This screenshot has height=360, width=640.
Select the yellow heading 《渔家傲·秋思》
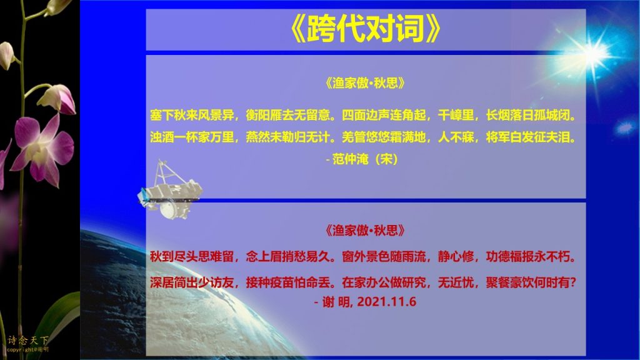click(365, 83)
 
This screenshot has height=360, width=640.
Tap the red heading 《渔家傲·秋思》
click(365, 231)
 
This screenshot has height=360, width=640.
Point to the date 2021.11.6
click(386, 302)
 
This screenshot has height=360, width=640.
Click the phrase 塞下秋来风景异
click(192, 116)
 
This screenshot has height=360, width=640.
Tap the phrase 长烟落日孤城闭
click(527, 116)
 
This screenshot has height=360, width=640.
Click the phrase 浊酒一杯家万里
click(192, 137)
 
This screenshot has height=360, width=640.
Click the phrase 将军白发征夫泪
click(527, 137)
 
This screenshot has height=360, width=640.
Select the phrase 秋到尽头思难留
click(192, 257)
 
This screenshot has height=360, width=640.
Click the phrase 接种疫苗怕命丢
click(288, 282)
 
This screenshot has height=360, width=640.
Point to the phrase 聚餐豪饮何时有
click(527, 282)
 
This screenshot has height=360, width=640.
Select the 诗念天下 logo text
click(27, 340)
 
